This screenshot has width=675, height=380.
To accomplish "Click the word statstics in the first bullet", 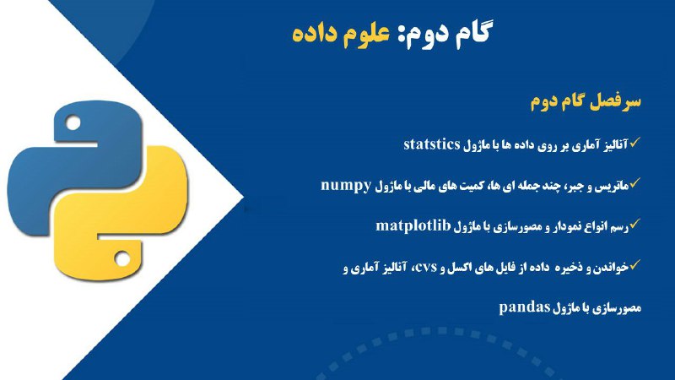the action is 432,144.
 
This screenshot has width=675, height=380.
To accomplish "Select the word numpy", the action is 346,185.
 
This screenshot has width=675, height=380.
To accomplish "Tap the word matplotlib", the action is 413,225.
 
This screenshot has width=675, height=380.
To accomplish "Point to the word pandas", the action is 525,307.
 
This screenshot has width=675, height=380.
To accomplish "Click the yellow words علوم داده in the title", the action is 341,33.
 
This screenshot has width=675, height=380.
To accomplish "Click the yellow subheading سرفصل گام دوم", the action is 586,102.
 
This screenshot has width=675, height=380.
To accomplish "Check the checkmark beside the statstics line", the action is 635,142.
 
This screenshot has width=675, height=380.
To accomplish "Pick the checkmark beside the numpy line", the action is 635,183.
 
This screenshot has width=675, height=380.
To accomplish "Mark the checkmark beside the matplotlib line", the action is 635,224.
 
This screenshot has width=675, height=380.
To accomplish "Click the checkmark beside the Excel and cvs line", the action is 635,264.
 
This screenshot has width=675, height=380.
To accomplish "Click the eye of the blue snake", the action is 73,123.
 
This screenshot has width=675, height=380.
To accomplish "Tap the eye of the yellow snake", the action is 121,258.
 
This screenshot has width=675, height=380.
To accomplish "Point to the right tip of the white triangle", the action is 244,198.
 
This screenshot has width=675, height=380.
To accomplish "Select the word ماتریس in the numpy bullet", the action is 613,187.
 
